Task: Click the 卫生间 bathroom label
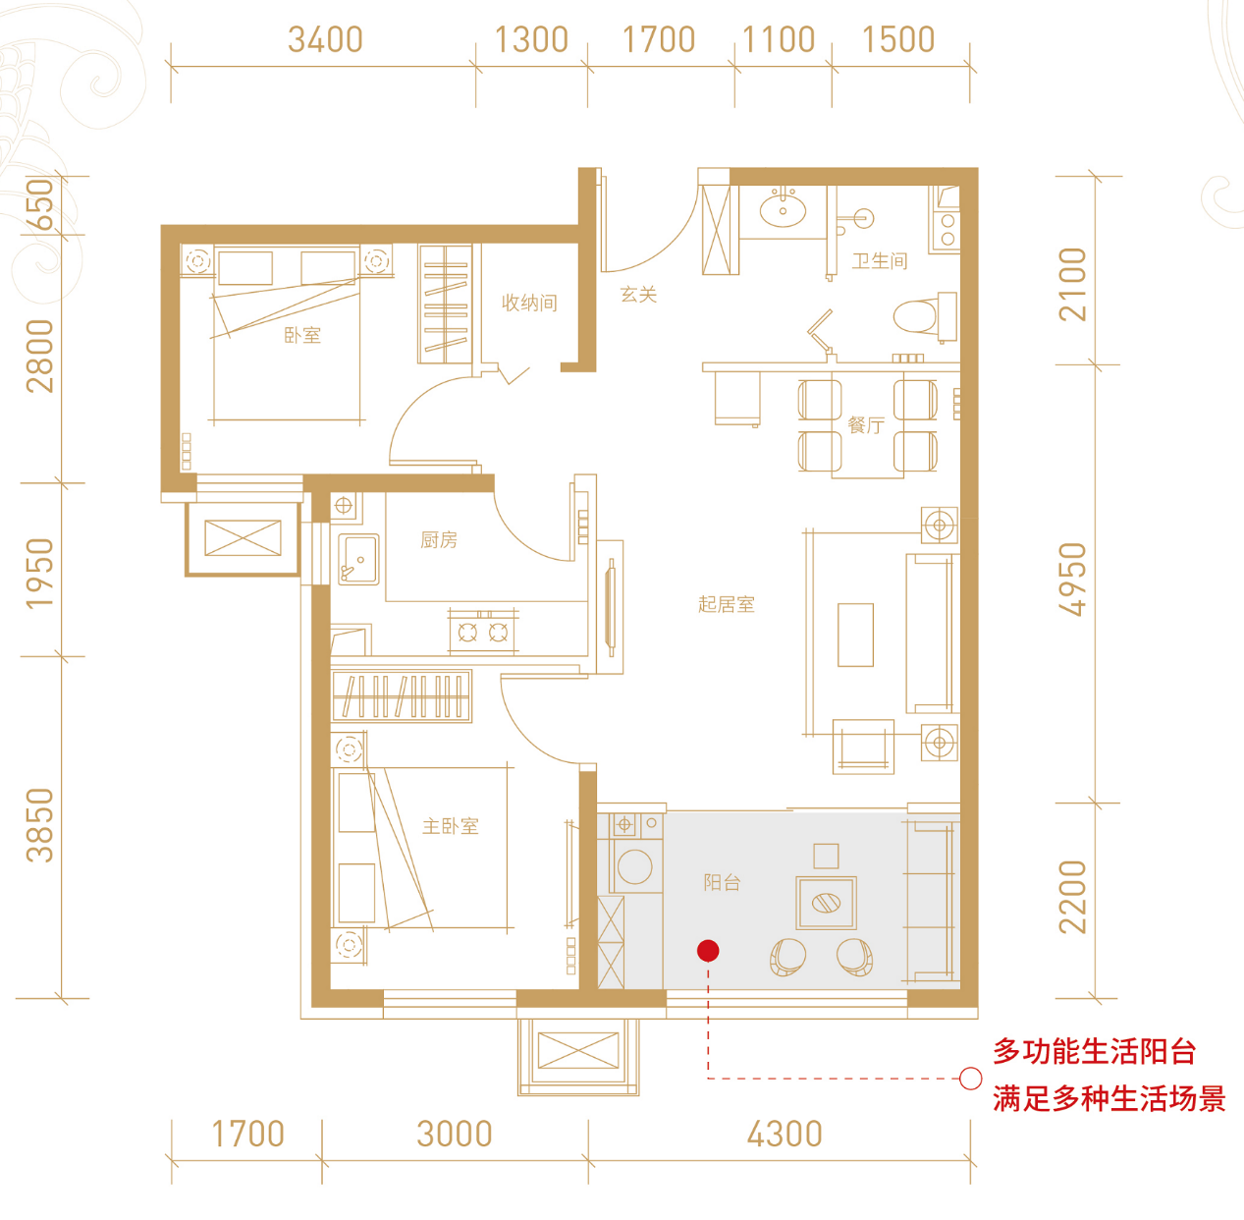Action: coord(880,261)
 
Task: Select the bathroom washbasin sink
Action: coord(783,209)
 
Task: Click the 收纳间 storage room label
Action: coord(529,303)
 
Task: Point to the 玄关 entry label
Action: coord(638,294)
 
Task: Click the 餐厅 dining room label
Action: coord(866,425)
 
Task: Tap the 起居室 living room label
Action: coord(727,604)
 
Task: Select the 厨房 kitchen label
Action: coord(439,539)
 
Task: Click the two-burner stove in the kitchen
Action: coord(483,632)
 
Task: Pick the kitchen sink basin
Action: coord(359,559)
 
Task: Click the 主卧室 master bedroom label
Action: coord(451,826)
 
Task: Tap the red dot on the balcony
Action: coord(708,950)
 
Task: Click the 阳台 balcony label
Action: coord(722,882)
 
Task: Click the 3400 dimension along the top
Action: coord(325,40)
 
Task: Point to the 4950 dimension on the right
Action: coord(1073,580)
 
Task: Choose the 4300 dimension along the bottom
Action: coord(784,1135)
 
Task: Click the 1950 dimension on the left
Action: coord(39,572)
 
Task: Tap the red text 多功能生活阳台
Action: coord(1094,1051)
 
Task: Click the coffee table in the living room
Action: coord(855,635)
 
